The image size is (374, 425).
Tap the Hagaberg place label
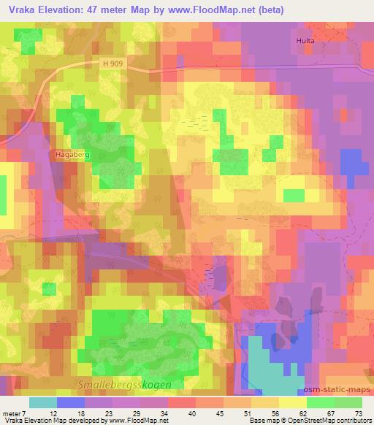pyautogui.click(x=72, y=155)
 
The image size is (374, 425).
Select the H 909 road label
pyautogui.click(x=112, y=64)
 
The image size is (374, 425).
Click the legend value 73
pyautogui.click(x=358, y=413)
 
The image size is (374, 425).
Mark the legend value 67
pyautogui.click(x=331, y=413)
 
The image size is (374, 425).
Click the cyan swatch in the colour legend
pyautogui.click(x=44, y=402)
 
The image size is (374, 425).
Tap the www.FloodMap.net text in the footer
pyautogui.click(x=137, y=421)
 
